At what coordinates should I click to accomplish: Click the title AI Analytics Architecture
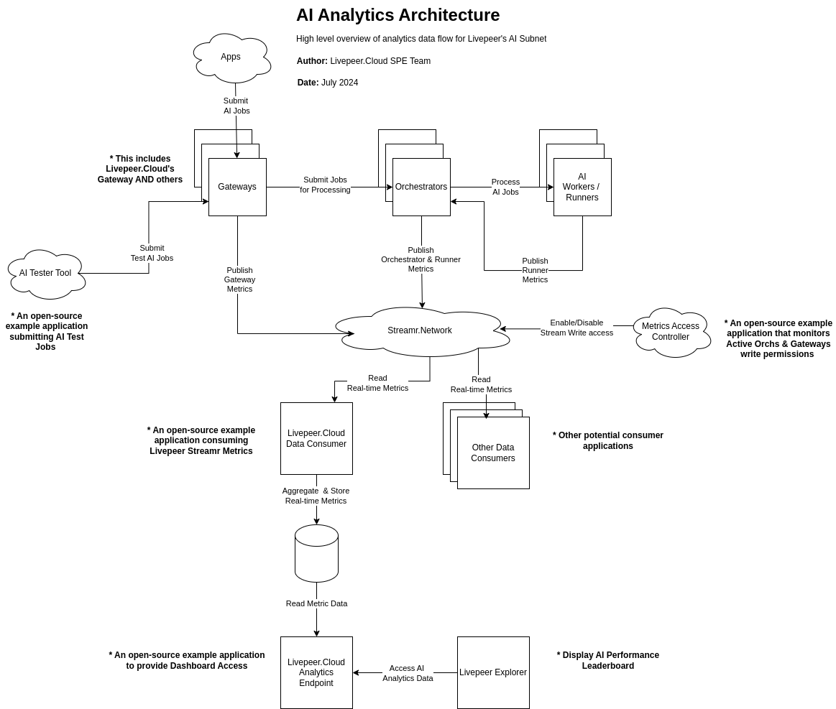point(398,15)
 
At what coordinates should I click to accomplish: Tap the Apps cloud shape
point(231,57)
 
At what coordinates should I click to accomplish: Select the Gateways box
point(237,187)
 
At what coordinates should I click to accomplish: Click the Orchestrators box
point(421,187)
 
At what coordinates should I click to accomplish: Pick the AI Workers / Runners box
point(582,187)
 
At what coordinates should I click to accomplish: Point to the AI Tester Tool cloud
point(45,274)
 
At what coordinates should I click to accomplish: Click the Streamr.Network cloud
point(420,331)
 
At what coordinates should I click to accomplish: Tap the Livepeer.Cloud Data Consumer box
point(316,438)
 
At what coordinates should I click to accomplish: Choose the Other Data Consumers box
point(493,453)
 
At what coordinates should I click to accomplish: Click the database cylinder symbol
point(316,553)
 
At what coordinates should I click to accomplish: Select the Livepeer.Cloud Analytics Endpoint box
point(316,672)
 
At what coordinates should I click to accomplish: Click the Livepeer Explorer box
point(493,672)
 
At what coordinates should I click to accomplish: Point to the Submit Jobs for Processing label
point(325,185)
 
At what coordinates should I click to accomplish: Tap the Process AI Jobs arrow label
point(505,187)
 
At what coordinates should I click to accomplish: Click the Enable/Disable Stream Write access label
point(577,328)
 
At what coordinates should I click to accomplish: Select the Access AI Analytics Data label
point(408,673)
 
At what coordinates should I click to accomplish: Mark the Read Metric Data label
point(316,603)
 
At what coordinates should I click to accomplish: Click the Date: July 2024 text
point(328,83)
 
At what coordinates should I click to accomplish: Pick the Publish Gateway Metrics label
point(239,279)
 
